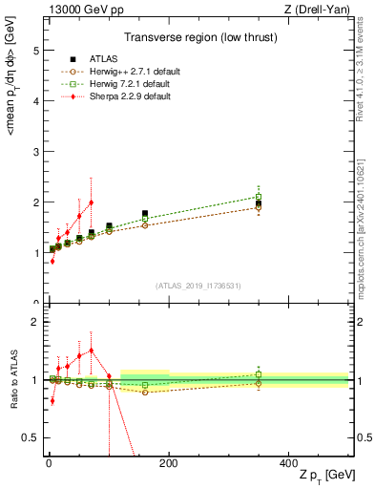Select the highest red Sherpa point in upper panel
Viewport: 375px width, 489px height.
pos(91,202)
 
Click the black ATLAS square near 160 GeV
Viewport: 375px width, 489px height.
pos(145,214)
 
